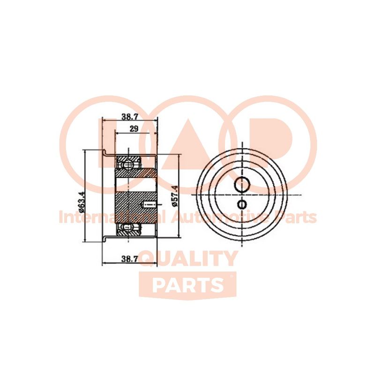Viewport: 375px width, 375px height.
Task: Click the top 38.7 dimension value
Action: tap(130, 117)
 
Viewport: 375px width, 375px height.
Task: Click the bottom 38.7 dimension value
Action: tap(130, 258)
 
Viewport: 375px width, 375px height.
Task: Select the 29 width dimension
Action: tap(134, 129)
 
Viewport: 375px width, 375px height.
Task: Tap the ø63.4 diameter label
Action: tap(82, 199)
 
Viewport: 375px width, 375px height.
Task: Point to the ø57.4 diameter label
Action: tap(175, 196)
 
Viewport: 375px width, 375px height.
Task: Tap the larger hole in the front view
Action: tap(243, 184)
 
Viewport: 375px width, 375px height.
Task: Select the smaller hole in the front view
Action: tap(242, 204)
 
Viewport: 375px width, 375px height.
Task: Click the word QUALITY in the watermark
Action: tap(188, 259)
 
